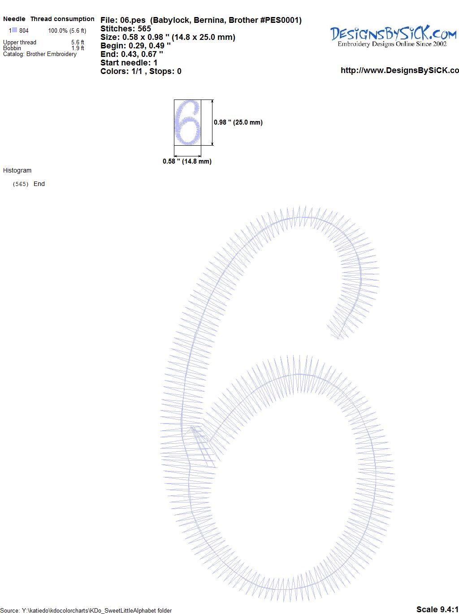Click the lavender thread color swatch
[x=14, y=30]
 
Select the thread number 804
[x=24, y=31]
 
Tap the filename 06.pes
[x=133, y=20]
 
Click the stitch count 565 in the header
[x=144, y=29]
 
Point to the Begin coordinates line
[x=135, y=46]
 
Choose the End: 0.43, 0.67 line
[x=132, y=54]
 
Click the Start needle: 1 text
[x=129, y=63]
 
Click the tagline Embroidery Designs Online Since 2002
[x=392, y=44]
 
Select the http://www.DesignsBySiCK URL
[x=400, y=70]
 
